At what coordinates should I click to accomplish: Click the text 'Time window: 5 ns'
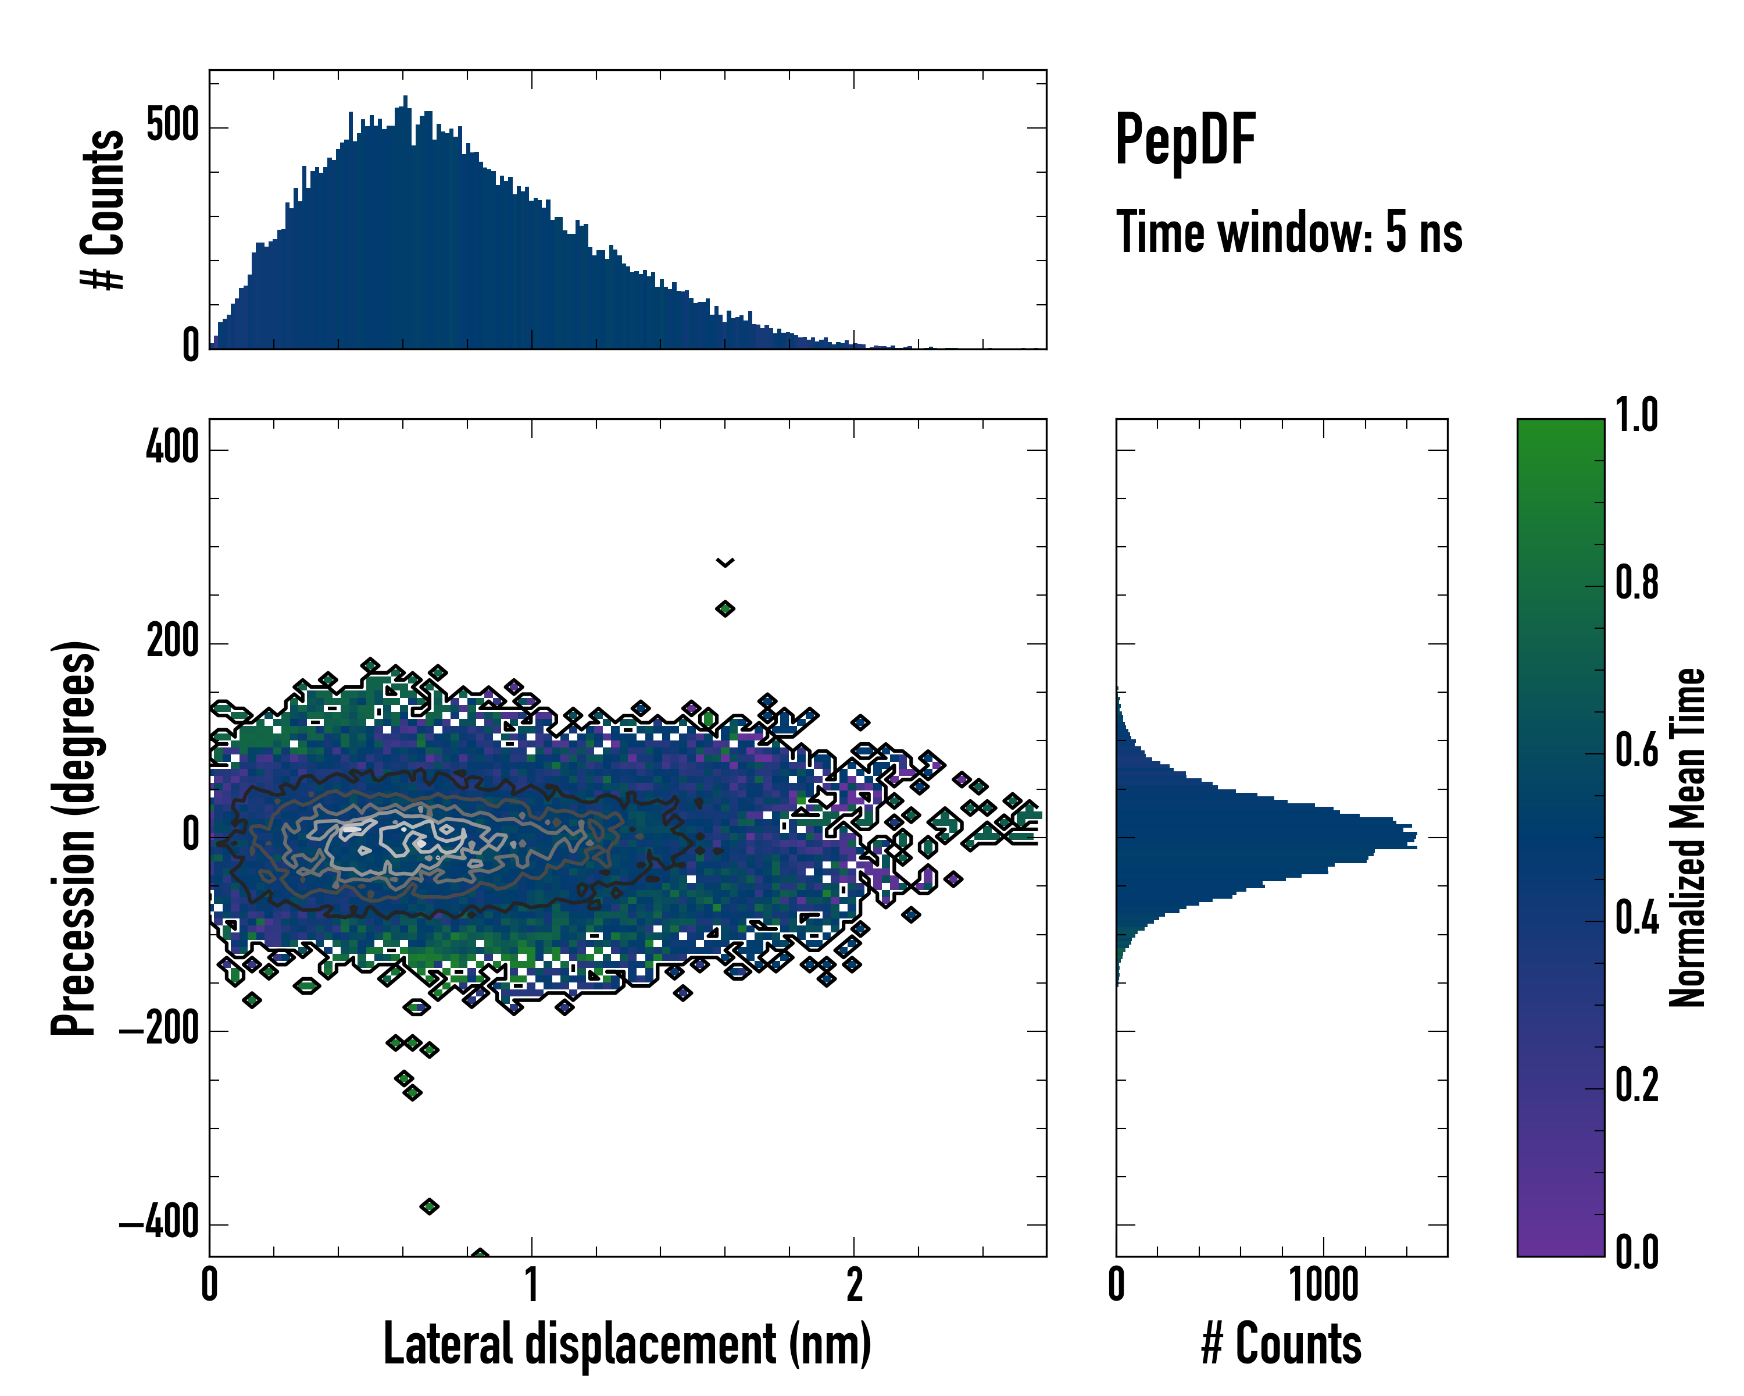click(x=1289, y=232)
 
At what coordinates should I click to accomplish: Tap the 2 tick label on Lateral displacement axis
click(x=854, y=1285)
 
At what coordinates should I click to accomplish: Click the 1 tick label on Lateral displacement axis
click(x=531, y=1285)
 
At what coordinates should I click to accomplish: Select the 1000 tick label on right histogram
click(x=1323, y=1285)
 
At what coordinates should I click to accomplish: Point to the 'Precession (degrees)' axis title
click(x=74, y=838)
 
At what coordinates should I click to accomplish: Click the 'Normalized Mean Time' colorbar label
click(x=1688, y=838)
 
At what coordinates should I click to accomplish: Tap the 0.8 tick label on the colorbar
click(x=1636, y=583)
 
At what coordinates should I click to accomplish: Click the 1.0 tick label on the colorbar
click(x=1636, y=415)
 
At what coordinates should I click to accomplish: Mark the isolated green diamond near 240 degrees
click(x=725, y=608)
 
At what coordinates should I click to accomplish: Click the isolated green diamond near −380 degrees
click(x=430, y=1206)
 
